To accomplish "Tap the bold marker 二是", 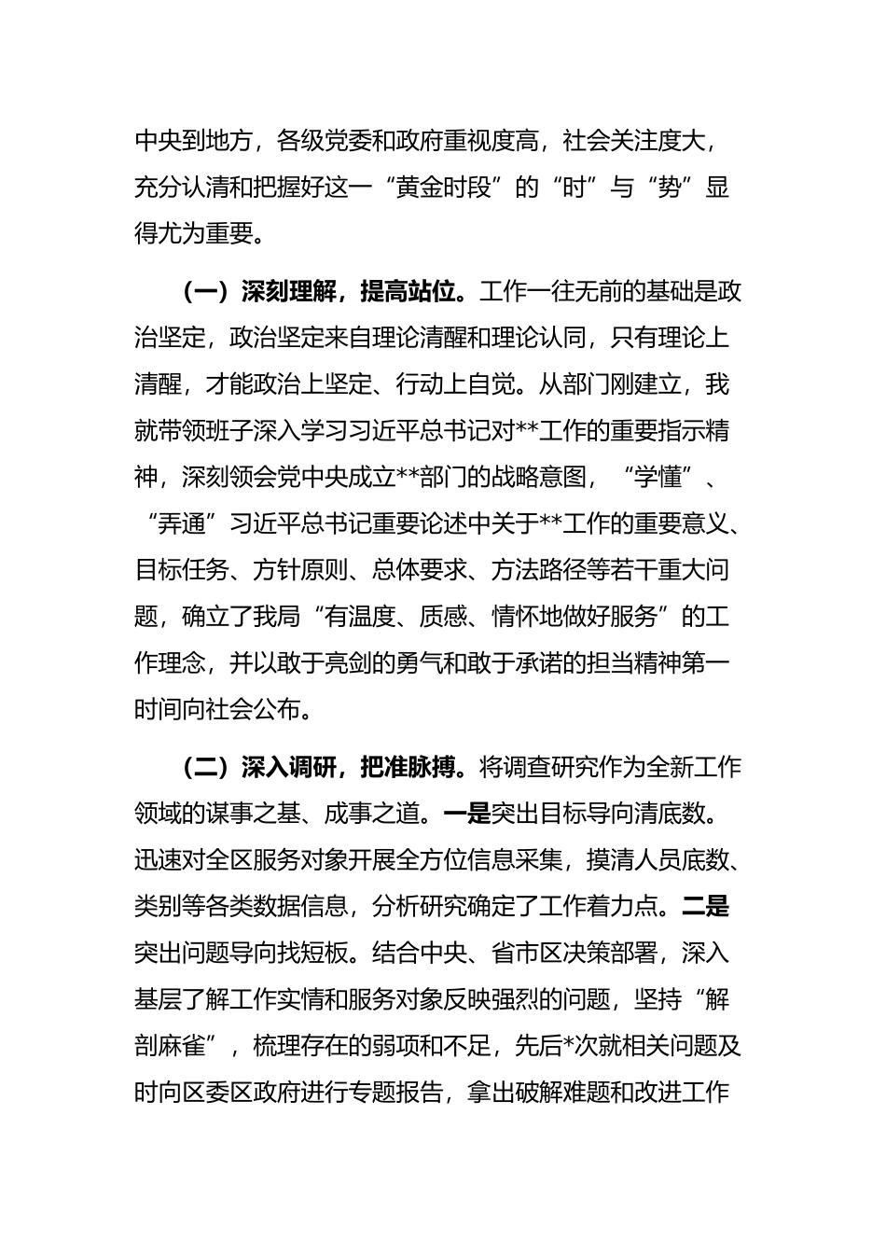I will point(706,906).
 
